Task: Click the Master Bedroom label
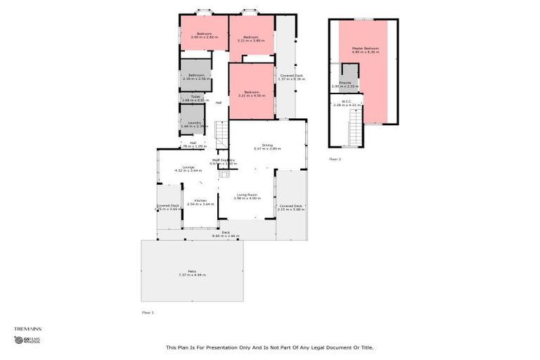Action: click(x=365, y=50)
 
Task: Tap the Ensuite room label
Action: click(x=345, y=84)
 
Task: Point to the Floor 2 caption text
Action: click(x=335, y=160)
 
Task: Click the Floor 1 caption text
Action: click(x=148, y=311)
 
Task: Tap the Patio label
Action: click(x=191, y=273)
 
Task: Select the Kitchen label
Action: click(x=199, y=202)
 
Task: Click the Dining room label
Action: click(x=266, y=146)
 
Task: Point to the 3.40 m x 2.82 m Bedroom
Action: click(x=204, y=35)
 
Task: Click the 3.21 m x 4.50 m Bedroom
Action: click(x=251, y=94)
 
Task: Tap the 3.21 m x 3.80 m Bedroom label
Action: click(x=251, y=39)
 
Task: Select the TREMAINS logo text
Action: click(x=27, y=328)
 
